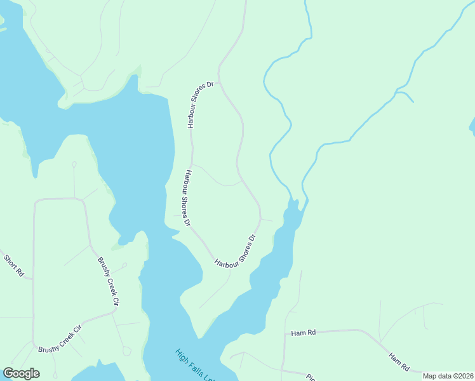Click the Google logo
click(21, 373)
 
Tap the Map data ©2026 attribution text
click(448, 376)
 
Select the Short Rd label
click(13, 265)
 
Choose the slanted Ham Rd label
click(398, 362)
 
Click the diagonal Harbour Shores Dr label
click(234, 251)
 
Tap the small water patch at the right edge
click(472, 126)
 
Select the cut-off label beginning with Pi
click(311, 376)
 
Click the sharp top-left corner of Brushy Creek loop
click(36, 200)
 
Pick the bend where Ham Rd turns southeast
click(362, 331)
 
